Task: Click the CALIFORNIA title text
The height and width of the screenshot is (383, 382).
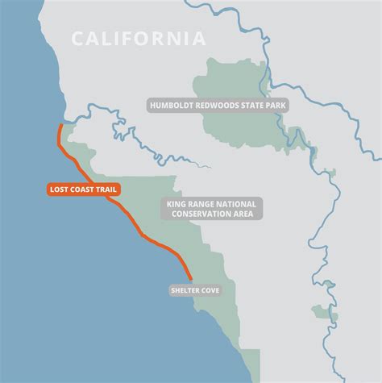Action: pos(138,38)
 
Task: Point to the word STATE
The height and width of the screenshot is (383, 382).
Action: pos(251,105)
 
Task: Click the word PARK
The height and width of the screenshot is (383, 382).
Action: pos(275,105)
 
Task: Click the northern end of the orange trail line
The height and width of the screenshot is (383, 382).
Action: pos(60,126)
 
